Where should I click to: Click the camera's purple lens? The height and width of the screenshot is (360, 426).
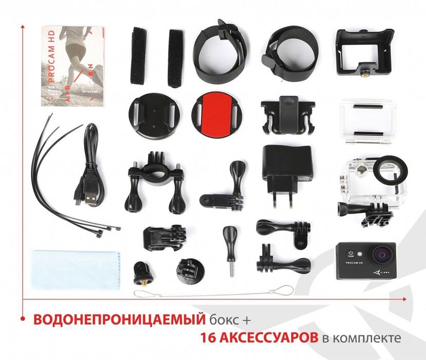(382, 255)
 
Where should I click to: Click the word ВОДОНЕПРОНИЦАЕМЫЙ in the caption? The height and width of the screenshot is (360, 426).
(116, 320)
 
